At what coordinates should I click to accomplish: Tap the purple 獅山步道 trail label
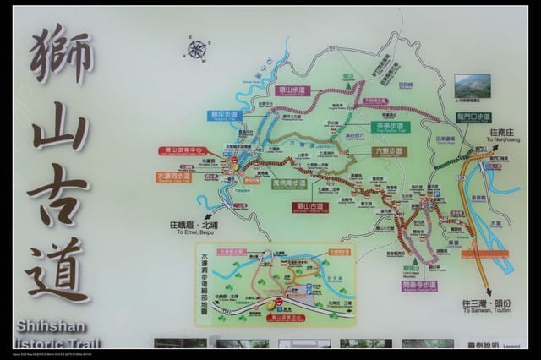point(292,90)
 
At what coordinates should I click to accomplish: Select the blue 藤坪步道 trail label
point(225,114)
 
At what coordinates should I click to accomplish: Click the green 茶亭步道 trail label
point(391,127)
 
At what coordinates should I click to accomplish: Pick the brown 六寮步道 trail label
point(389,151)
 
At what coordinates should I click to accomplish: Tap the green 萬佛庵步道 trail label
point(289,183)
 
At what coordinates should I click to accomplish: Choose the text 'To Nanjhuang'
point(506,141)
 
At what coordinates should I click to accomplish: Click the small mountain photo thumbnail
point(472,85)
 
